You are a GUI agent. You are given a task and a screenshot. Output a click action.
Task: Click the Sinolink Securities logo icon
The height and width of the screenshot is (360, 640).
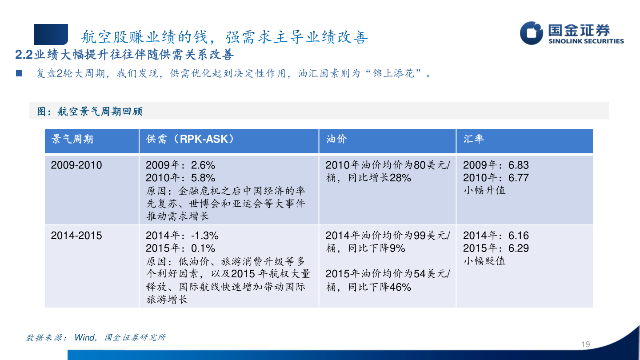pyautogui.click(x=532, y=33)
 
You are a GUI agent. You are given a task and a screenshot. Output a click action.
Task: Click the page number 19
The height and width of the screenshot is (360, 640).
pyautogui.click(x=585, y=344)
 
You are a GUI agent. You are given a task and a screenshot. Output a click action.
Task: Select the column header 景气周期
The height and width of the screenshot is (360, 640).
pyautogui.click(x=72, y=139)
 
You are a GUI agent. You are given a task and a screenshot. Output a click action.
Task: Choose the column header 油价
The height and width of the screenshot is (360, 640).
pyautogui.click(x=336, y=139)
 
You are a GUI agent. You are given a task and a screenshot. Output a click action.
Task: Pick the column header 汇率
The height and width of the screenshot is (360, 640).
pyautogui.click(x=474, y=139)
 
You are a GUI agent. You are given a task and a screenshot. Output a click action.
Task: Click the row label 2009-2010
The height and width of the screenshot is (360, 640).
pyautogui.click(x=76, y=165)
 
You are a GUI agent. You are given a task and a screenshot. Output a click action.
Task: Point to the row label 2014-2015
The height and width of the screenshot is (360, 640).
pyautogui.click(x=76, y=236)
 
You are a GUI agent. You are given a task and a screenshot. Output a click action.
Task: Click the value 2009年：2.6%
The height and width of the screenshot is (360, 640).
pyautogui.click(x=180, y=165)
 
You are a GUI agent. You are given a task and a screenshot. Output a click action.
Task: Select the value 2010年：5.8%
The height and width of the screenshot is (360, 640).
pyautogui.click(x=180, y=178)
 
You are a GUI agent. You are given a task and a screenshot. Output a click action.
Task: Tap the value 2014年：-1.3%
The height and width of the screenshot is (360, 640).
pyautogui.click(x=182, y=236)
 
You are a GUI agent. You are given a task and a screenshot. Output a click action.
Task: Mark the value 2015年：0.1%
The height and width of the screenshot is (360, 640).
pyautogui.click(x=180, y=248)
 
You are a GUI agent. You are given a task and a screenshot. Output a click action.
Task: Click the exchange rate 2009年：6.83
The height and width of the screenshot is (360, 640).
pyautogui.click(x=496, y=165)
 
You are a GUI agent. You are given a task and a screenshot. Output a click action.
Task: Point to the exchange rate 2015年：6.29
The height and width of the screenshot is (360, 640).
pyautogui.click(x=496, y=248)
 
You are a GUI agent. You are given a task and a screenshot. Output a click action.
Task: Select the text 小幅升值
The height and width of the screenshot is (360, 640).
pyautogui.click(x=484, y=190)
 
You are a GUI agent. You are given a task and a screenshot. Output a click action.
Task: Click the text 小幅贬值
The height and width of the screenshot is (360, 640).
pyautogui.click(x=484, y=260)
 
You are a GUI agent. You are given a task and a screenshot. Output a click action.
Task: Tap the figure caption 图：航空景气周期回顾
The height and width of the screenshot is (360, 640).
pyautogui.click(x=89, y=111)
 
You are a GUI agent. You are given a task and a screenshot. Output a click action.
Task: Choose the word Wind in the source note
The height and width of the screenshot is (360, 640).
pyautogui.click(x=84, y=338)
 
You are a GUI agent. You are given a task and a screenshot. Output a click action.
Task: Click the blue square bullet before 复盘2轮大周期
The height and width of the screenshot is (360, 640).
pyautogui.click(x=19, y=73)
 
